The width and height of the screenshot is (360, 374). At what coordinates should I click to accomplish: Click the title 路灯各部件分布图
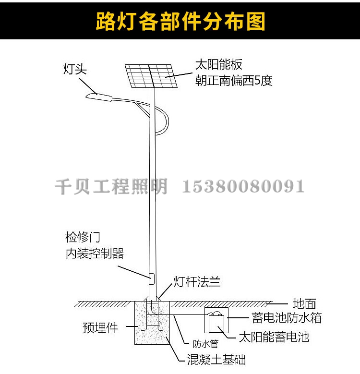coord(180,22)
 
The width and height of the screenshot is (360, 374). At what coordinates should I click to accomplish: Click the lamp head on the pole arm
coord(99,97)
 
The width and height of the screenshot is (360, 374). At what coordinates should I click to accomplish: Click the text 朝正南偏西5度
coord(233,81)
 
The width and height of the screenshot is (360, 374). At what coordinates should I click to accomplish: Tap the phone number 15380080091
coord(243,186)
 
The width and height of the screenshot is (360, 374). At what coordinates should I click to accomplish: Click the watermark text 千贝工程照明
coord(111,186)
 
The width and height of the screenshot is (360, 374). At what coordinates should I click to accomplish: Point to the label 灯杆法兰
coord(197,282)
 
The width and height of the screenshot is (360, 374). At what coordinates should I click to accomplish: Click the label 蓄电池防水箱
coord(286,318)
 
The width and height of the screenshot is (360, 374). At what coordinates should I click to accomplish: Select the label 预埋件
coord(100,328)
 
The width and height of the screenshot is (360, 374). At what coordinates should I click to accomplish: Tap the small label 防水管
coord(205,344)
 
